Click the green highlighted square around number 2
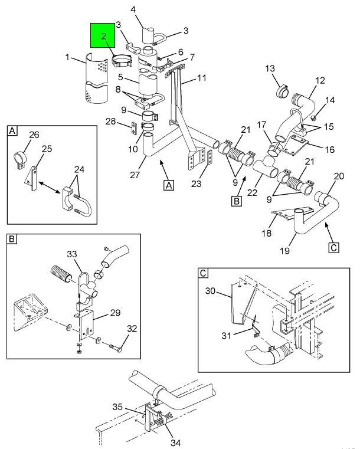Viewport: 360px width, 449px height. coord(103,35)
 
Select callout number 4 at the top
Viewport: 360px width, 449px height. coord(133,9)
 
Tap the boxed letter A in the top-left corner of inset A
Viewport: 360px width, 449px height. coord(12,131)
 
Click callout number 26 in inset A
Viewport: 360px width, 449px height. coord(34,135)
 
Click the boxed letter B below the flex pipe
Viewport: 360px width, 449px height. coord(237,201)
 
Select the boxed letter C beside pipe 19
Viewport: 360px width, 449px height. coord(333,247)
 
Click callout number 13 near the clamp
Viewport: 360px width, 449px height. coord(270,68)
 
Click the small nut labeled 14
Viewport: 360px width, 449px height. coord(313,117)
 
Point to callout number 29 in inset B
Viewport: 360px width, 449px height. coord(115,313)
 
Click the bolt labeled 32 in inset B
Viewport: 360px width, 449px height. coord(116,348)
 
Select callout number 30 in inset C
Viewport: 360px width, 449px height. coord(210,291)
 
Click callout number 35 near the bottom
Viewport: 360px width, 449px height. coord(117,407)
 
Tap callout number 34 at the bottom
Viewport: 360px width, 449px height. coord(175,443)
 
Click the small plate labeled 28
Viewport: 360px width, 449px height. coord(134,127)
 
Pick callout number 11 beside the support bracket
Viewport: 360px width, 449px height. coord(202,78)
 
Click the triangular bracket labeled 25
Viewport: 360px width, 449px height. coord(31,179)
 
